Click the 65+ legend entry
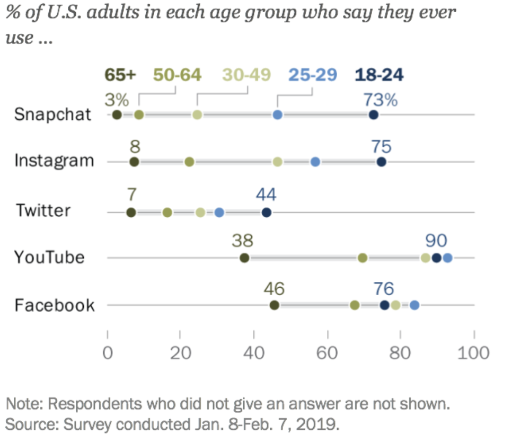click(x=120, y=75)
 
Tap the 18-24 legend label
click(x=379, y=75)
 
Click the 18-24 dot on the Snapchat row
click(x=374, y=115)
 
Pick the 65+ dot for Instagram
click(x=135, y=162)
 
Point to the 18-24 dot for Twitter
click(x=267, y=213)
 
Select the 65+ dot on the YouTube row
click(x=244, y=258)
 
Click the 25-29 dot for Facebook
click(x=414, y=305)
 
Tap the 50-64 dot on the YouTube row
click(x=363, y=258)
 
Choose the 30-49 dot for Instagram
click(x=278, y=162)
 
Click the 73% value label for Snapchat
click(x=380, y=99)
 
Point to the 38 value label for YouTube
click(x=243, y=241)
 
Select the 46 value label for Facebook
click(x=273, y=289)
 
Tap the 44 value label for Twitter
click(x=266, y=195)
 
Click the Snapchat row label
click(x=54, y=114)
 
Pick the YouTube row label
click(x=49, y=258)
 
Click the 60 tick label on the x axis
click(x=328, y=353)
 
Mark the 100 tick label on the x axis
click(x=474, y=353)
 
